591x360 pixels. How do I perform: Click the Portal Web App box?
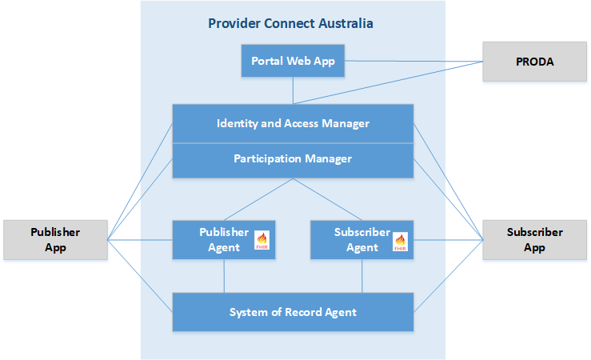click(x=293, y=61)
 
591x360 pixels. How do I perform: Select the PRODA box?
click(x=534, y=61)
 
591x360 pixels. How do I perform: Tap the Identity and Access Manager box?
click(x=293, y=124)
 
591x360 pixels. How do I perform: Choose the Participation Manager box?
click(x=293, y=159)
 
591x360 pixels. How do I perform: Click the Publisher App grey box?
click(x=55, y=240)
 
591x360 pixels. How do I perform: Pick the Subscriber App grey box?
click(x=534, y=240)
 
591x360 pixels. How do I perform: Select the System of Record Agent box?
click(x=293, y=312)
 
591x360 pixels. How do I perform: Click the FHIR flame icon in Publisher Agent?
click(x=262, y=240)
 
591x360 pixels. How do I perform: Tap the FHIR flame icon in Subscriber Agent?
click(x=401, y=240)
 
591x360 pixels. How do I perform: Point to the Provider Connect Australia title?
click(x=290, y=23)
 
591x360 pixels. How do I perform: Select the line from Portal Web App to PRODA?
click(x=413, y=61)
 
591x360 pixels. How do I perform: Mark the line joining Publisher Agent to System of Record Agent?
click(x=224, y=276)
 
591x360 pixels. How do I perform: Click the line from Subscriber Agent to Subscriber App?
click(x=448, y=240)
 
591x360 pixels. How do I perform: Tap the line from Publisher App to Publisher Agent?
click(x=140, y=240)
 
